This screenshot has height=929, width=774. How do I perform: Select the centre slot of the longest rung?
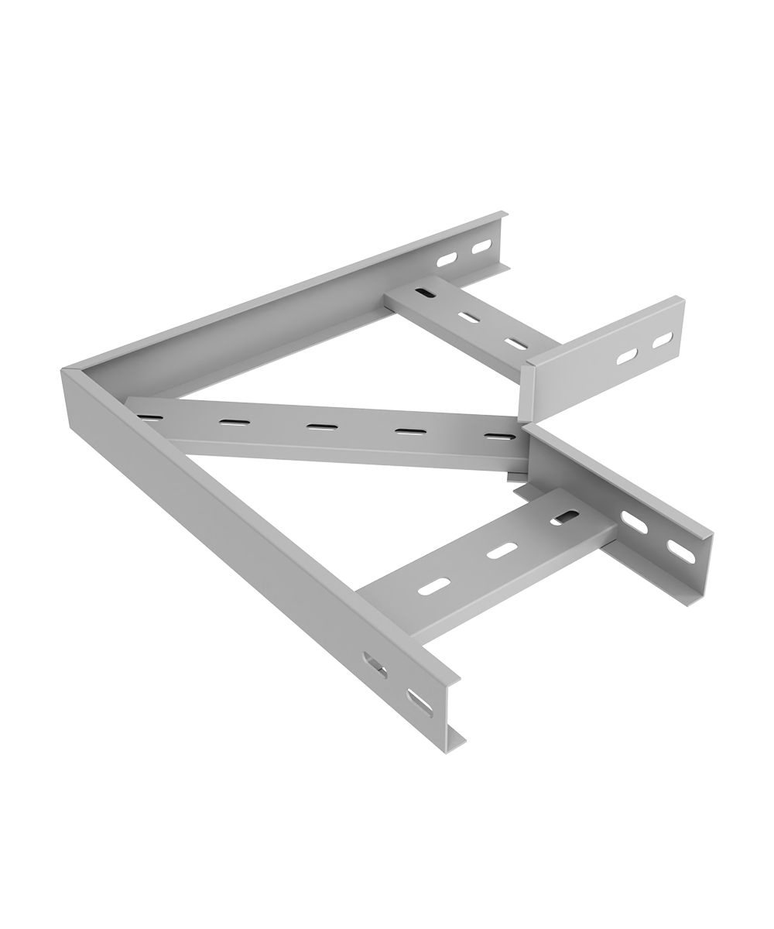coord(322,427)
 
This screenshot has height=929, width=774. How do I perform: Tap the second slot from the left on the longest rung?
coord(234,422)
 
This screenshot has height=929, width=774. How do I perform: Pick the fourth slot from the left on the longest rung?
coord(411,430)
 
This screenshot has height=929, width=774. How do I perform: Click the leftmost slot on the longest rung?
coord(150,418)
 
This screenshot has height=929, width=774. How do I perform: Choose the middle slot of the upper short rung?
coord(468,317)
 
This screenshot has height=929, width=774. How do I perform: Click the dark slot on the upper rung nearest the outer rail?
coord(425,293)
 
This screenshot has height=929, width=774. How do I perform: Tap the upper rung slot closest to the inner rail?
coord(515,343)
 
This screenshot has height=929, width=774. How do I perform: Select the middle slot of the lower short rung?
coord(502,550)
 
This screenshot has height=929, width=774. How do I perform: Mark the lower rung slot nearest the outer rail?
coord(434,587)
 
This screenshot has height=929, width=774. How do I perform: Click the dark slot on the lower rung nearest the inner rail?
coord(565,517)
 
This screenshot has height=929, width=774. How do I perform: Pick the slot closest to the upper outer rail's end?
coord(481,246)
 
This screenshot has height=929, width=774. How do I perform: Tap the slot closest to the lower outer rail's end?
coord(420,702)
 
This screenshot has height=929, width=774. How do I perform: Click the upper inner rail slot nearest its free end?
coord(663,339)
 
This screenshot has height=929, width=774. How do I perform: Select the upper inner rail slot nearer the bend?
coord(627,356)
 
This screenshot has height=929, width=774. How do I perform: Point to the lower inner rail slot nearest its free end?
coord(681,551)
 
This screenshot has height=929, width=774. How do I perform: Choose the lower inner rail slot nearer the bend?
coord(634,523)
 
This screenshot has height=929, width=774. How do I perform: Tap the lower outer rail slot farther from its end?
coord(375,664)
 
